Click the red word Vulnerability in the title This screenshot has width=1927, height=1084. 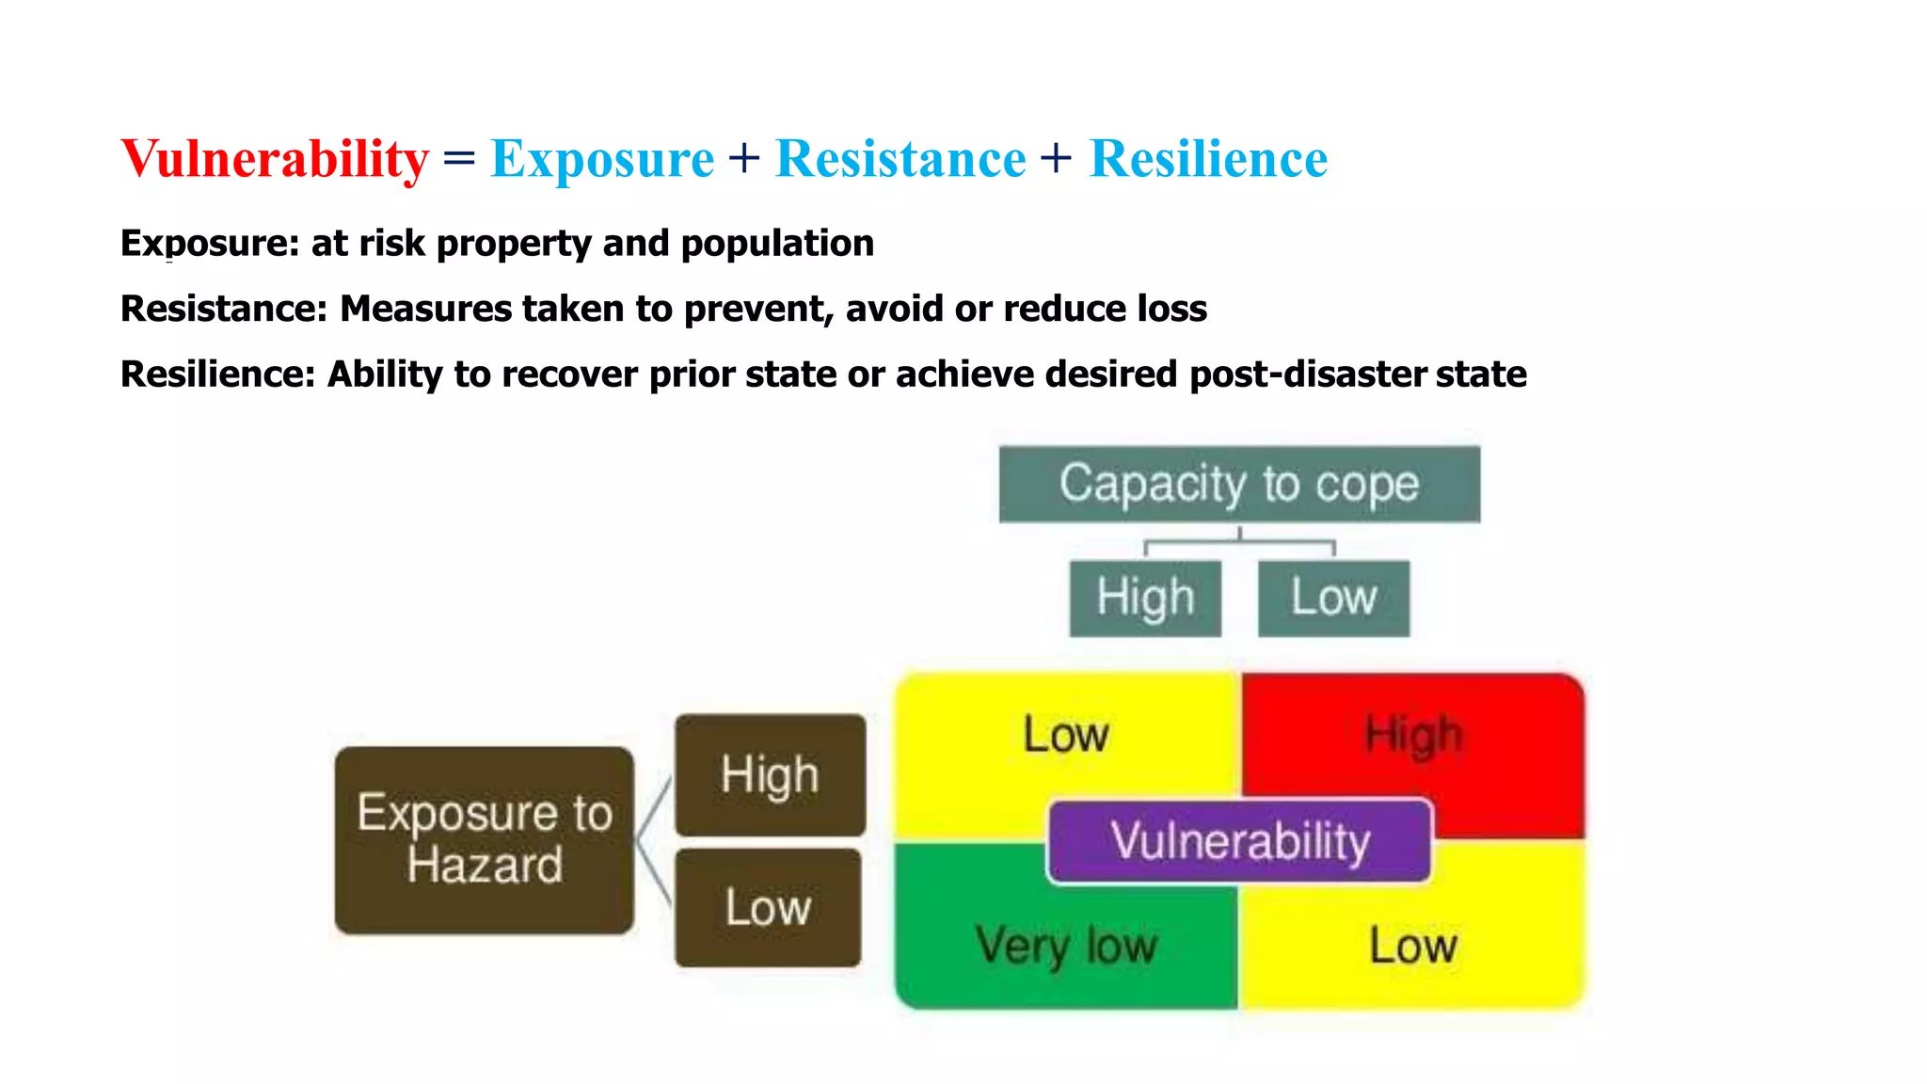point(275,158)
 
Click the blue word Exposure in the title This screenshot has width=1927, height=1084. point(602,158)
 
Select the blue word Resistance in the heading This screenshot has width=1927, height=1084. point(900,158)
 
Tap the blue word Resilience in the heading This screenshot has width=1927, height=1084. point(1208,158)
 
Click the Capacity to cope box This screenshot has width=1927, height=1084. point(1239,484)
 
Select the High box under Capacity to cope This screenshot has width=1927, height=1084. point(1145,598)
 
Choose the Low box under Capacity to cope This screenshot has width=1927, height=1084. point(1333,598)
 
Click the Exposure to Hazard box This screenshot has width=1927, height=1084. point(485,839)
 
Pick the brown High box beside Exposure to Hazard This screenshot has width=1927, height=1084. point(770,775)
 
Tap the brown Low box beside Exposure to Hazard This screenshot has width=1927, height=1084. point(768,908)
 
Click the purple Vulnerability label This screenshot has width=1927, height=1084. point(1240,841)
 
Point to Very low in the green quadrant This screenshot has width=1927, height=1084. point(1066,945)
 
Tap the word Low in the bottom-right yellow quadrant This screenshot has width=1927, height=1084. point(1413,945)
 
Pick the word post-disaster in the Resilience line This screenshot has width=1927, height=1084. point(1309,375)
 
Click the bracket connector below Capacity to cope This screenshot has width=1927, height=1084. point(1239,543)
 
